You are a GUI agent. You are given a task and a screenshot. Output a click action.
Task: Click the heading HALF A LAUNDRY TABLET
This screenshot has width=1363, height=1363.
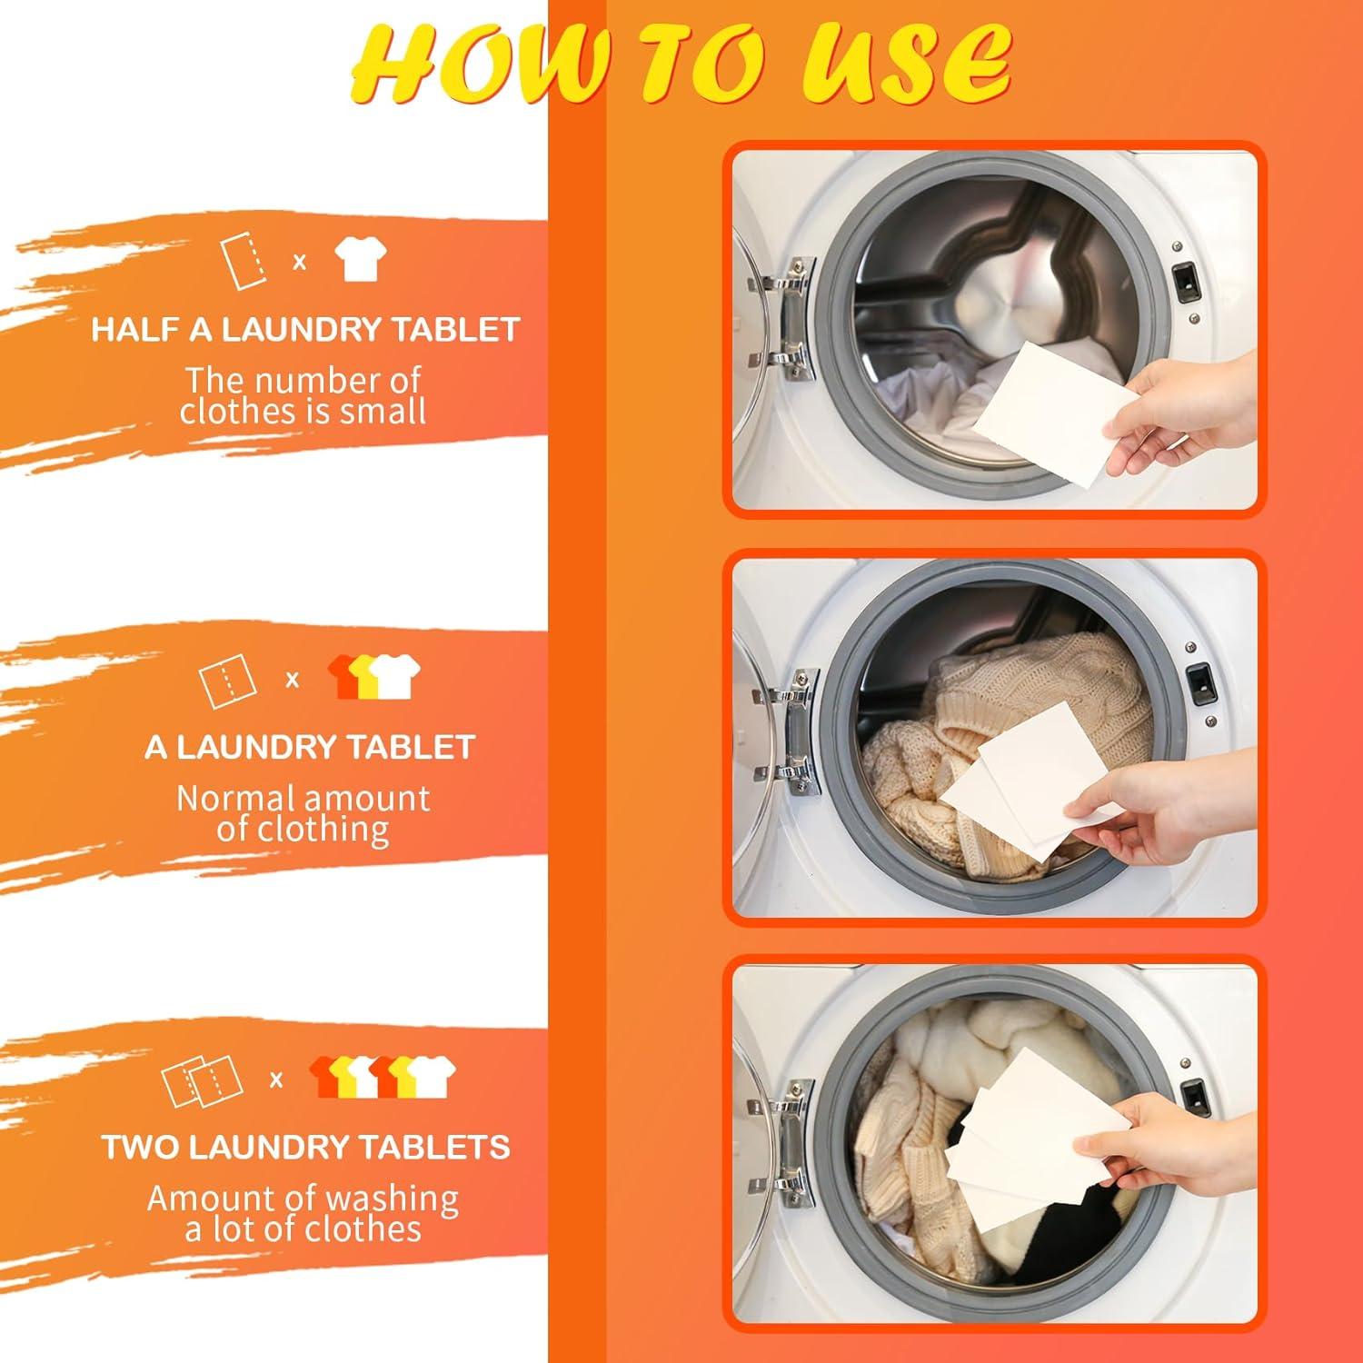pos(305,329)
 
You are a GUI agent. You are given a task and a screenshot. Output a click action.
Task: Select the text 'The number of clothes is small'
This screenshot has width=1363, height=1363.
pos(303,395)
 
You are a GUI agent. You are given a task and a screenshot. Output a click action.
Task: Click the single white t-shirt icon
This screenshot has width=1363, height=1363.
pos(360,261)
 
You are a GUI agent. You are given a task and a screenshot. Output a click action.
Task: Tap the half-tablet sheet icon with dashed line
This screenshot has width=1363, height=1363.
pos(244,262)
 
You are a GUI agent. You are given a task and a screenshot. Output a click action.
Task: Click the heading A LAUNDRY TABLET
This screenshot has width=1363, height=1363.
pos(310,747)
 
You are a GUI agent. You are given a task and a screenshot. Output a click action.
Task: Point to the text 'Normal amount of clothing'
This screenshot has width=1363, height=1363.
pos(303,813)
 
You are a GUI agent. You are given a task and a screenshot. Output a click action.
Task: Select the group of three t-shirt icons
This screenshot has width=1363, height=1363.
pos(374,677)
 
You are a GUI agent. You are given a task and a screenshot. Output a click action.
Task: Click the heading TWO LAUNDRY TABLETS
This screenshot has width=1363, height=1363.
pos(305,1147)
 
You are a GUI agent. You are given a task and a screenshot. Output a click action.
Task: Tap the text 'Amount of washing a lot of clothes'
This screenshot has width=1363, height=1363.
pos(303,1213)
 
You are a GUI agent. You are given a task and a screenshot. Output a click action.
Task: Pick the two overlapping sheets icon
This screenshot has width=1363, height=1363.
pos(202,1079)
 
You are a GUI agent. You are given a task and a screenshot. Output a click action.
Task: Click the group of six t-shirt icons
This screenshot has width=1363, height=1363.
pos(382,1077)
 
